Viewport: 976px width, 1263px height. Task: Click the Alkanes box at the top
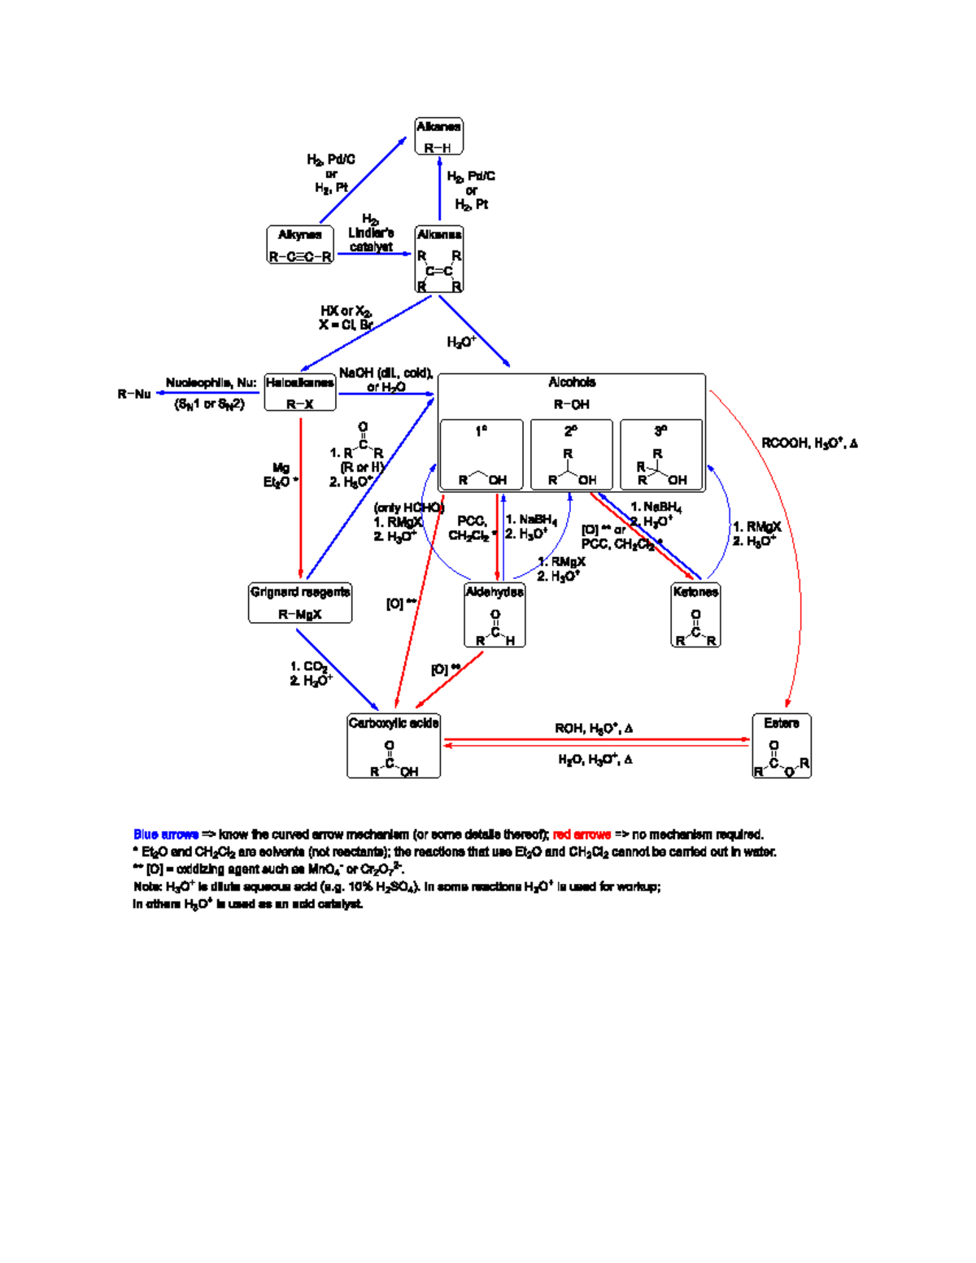438,136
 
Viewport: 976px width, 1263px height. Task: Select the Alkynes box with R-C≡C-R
300,245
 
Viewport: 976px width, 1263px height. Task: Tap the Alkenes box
439,259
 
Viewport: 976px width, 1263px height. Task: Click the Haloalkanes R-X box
300,392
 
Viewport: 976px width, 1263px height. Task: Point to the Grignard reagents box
300,603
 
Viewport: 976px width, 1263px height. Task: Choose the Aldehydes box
495,615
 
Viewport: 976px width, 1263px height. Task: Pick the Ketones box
695,615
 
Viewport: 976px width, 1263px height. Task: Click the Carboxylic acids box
394,746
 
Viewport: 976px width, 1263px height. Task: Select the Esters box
782,746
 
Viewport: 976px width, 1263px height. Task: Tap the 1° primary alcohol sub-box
481,455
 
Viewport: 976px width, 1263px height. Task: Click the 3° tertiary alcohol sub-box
661,455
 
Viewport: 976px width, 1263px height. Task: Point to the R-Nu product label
134,394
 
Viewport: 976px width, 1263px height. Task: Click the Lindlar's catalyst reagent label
371,233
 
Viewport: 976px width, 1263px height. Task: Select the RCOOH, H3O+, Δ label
809,443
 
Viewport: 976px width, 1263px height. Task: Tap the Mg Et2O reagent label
281,475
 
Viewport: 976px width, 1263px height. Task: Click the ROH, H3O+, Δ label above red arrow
594,728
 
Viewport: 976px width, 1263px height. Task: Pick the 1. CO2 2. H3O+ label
311,673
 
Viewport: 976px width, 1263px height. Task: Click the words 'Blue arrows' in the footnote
166,834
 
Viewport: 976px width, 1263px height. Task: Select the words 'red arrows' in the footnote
582,834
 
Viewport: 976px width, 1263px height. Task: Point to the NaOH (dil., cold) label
386,373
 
